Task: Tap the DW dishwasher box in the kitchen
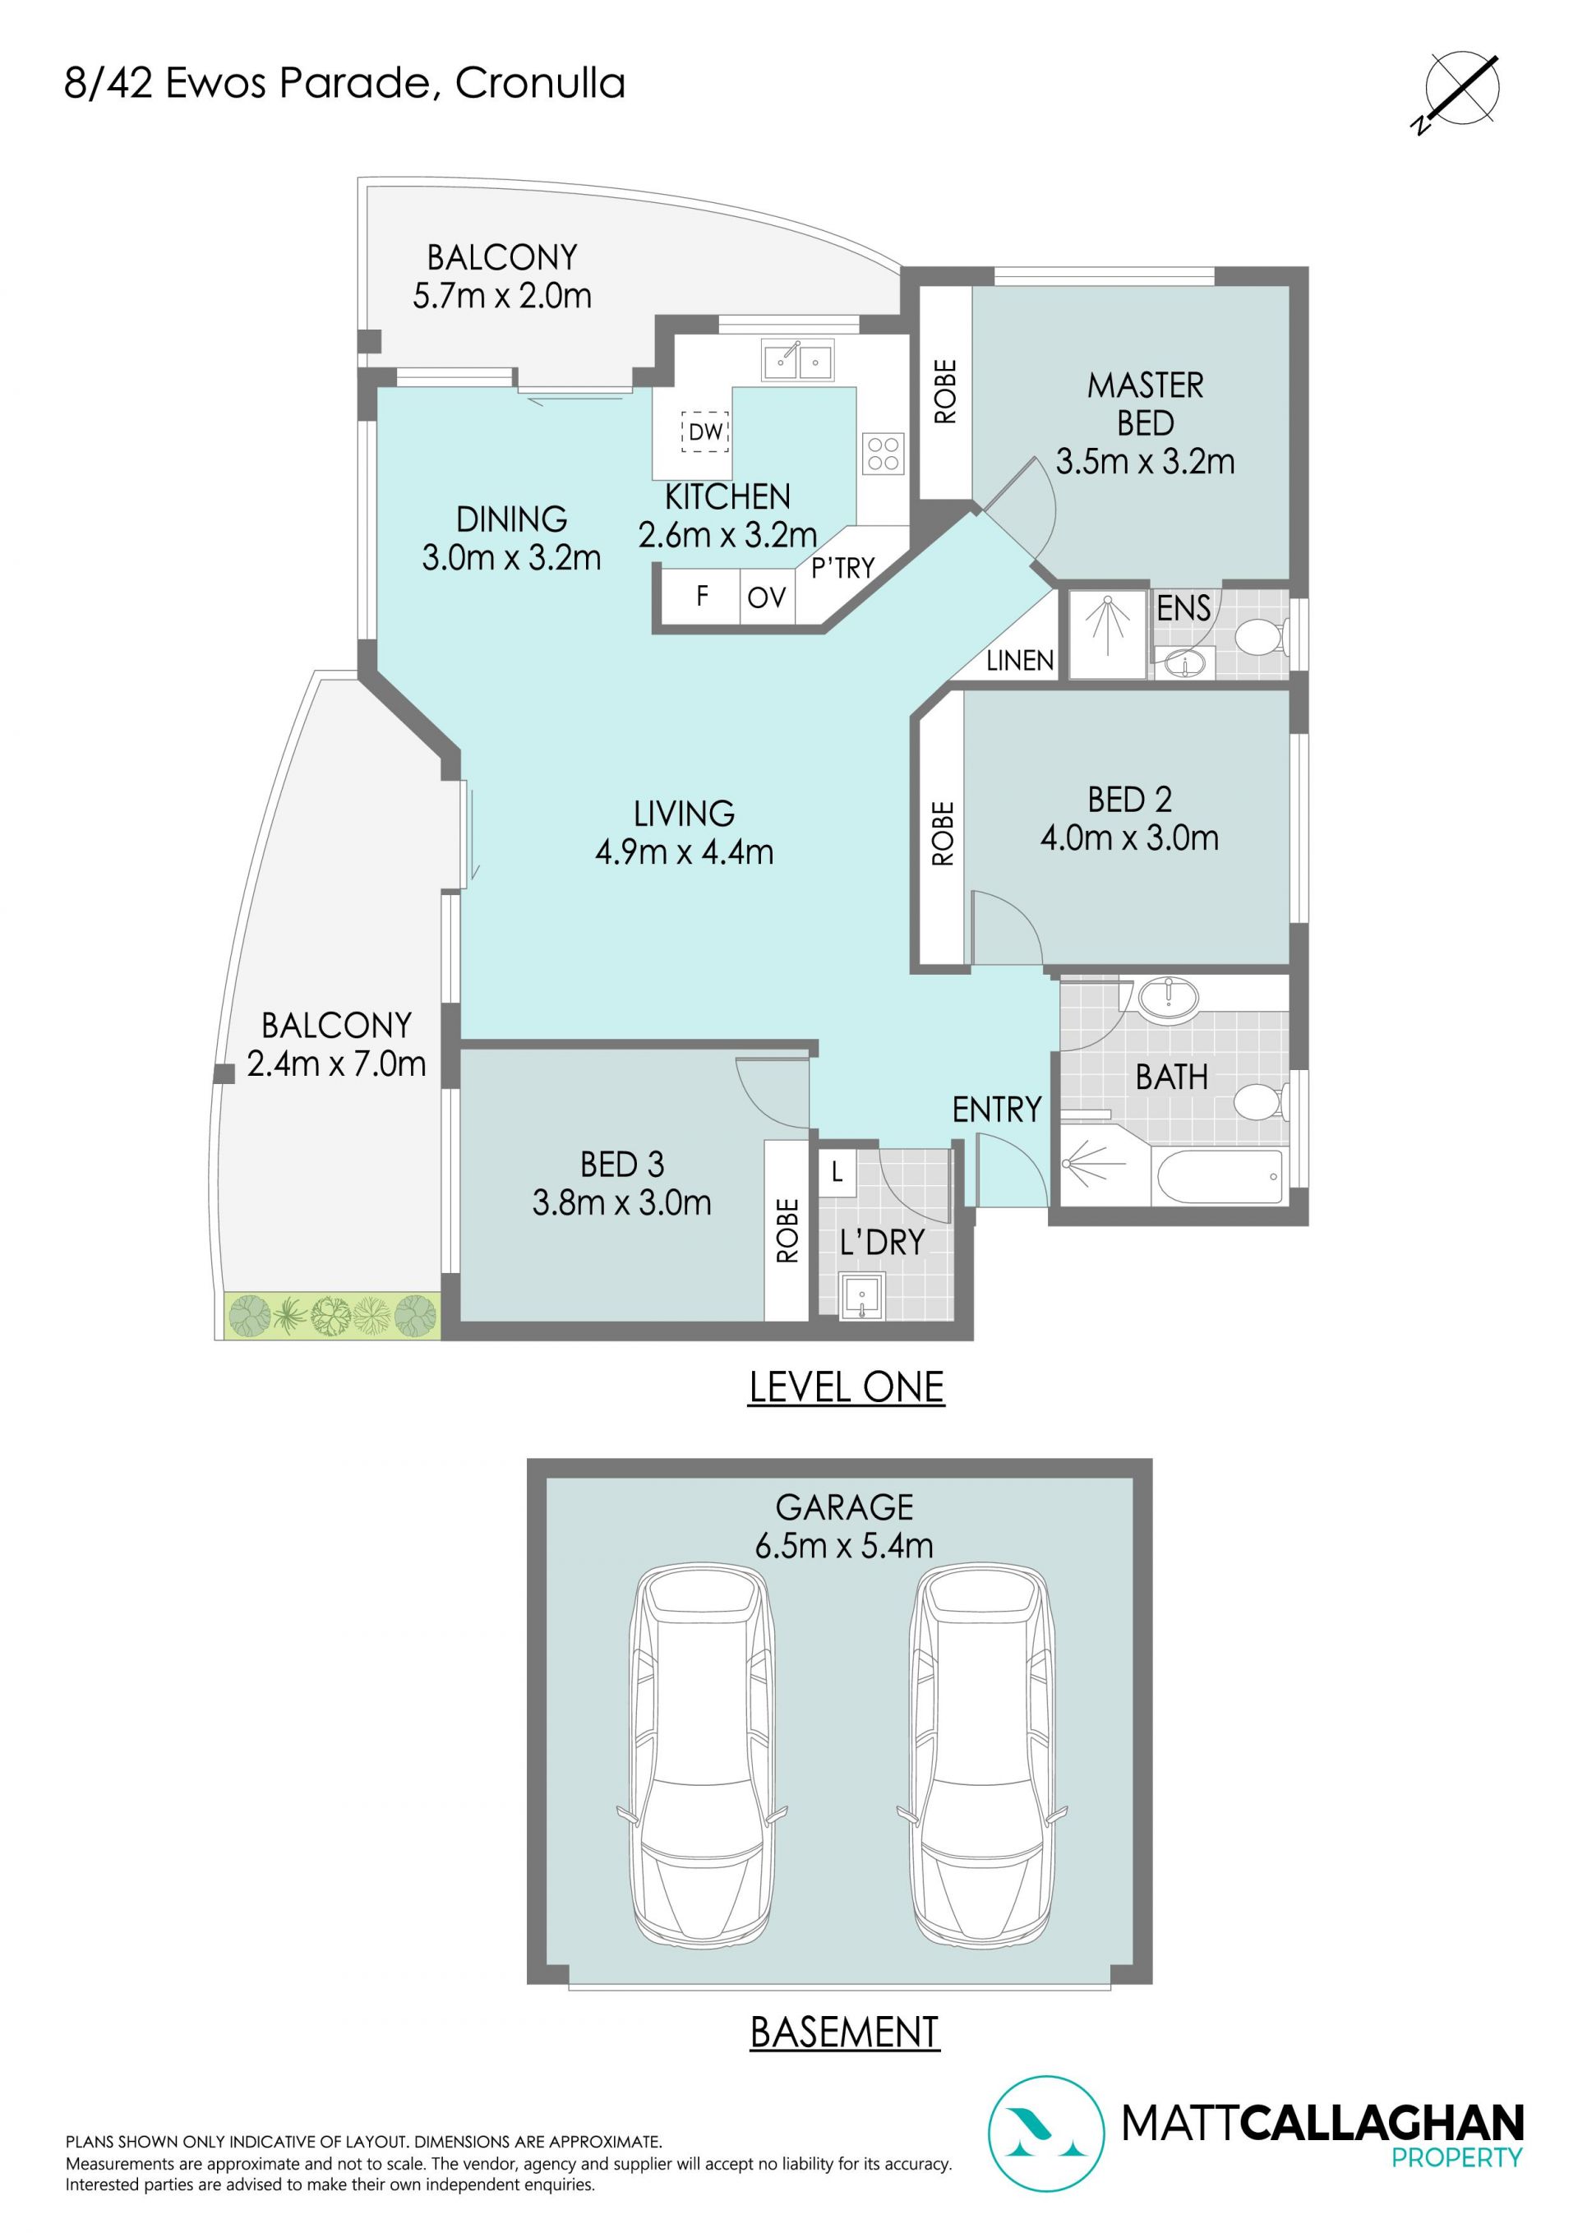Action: [705, 431]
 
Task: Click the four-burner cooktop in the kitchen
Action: [884, 453]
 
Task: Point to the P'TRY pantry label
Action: [842, 567]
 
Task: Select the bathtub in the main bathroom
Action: [1220, 1177]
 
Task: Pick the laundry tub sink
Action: [862, 1296]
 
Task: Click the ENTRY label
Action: [996, 1109]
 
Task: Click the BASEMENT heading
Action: [844, 2032]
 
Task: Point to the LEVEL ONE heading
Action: [847, 1386]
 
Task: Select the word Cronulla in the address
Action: [540, 84]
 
